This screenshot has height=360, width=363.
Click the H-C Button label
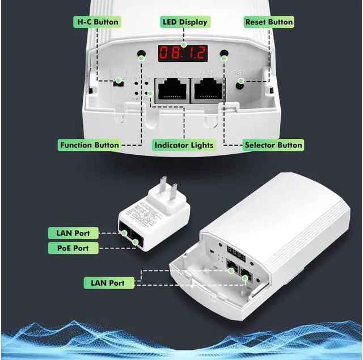pos(98,22)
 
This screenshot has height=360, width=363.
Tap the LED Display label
pos(185,22)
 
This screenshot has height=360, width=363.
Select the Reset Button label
pos(269,22)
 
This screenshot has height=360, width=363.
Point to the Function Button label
pos(90,145)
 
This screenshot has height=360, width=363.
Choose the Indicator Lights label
pos(184,145)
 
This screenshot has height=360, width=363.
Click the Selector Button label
pos(273,145)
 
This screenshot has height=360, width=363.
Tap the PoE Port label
pos(73,248)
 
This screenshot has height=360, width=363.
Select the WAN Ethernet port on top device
pos(171,90)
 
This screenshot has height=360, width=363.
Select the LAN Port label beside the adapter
pos(73,233)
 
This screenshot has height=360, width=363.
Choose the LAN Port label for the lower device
pos(108,282)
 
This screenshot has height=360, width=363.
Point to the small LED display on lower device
pos(236,252)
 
